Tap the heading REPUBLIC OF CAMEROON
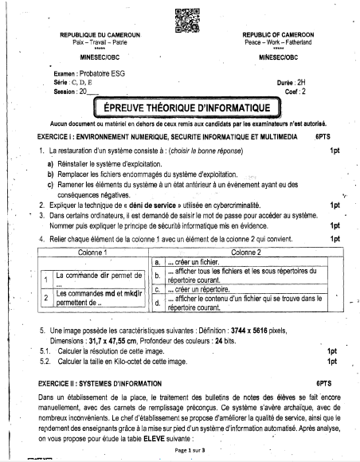(279, 34)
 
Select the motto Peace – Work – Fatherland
(279, 41)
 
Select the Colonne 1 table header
(93, 251)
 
